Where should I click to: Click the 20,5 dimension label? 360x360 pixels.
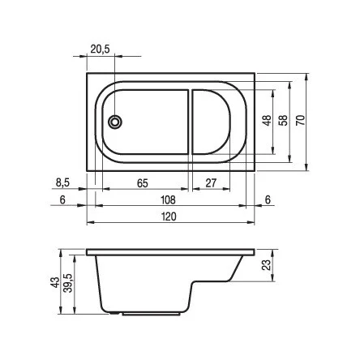point(100,49)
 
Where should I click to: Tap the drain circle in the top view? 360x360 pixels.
point(115,122)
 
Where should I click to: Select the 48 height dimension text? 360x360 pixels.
point(267,121)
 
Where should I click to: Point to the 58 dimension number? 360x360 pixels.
point(283,121)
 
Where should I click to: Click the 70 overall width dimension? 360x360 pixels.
point(300,120)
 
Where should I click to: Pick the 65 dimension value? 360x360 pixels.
point(143,183)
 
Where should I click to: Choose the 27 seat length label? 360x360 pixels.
point(211,183)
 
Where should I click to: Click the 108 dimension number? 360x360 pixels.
point(168,200)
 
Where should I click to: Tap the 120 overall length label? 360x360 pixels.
point(169,216)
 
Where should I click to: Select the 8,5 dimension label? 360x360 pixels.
point(62,183)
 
